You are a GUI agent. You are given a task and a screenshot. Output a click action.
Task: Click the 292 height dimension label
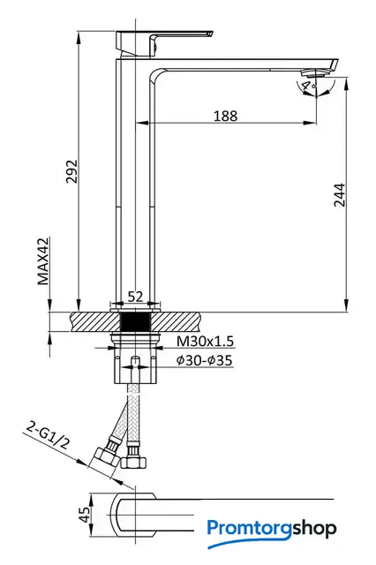[71, 171]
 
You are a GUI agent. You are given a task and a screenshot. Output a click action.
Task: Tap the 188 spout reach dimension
[226, 116]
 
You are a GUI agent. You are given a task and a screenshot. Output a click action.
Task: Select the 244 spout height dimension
[339, 195]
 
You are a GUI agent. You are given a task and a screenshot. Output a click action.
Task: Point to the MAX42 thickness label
[43, 261]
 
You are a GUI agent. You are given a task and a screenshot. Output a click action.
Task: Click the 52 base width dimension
[135, 297]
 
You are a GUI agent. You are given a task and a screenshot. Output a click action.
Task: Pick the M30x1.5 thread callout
[205, 342]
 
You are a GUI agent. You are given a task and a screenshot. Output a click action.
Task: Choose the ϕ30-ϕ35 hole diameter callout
[204, 360]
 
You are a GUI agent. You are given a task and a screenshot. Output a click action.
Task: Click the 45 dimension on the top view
[85, 515]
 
